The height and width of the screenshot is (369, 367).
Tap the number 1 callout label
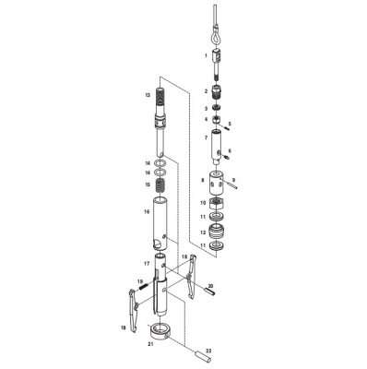click(205, 57)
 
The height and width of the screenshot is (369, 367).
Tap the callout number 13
click(147, 94)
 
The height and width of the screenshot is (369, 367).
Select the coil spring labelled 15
click(160, 187)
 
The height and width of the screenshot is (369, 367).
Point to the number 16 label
click(147, 210)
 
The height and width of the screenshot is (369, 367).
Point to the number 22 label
click(208, 350)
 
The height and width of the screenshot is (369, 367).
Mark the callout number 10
click(203, 202)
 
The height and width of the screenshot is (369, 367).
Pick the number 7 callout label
click(205, 137)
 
